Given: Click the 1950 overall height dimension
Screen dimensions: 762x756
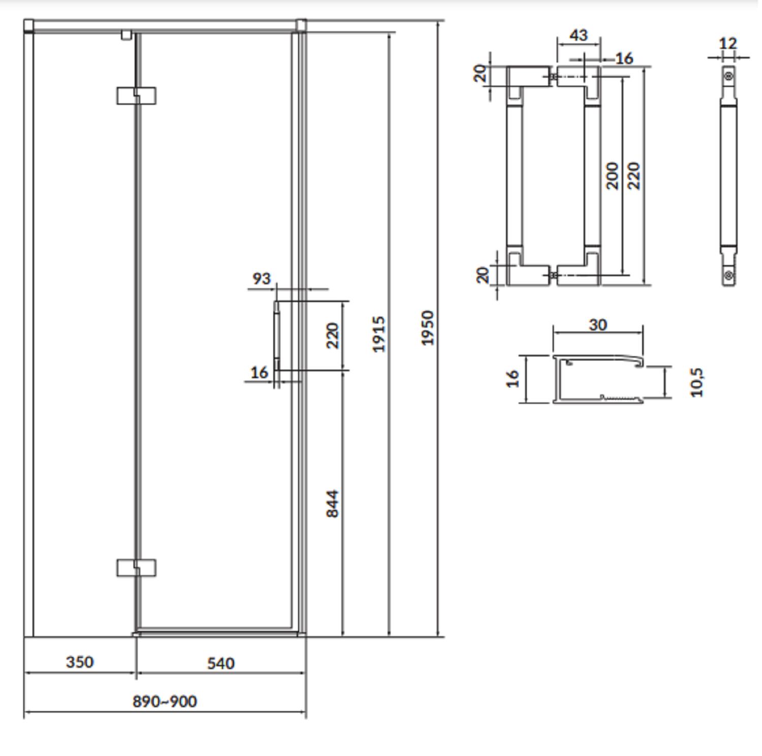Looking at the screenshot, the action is coord(428,328).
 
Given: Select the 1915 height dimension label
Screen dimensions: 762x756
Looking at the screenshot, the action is coord(379,334).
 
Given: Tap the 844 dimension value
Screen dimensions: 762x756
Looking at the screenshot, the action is coord(332,503).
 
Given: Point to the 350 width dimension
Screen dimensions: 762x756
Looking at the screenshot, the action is coord(80,662).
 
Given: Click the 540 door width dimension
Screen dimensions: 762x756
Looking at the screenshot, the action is coord(221,663).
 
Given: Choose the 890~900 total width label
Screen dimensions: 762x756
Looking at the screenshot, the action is coord(165,701).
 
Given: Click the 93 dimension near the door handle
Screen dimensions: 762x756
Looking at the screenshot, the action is coord(262,278).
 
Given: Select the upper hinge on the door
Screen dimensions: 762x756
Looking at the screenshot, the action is coord(136,95).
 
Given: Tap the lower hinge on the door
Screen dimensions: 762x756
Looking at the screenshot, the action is coord(136,568).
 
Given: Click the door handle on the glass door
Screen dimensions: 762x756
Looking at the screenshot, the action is coord(277,336).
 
